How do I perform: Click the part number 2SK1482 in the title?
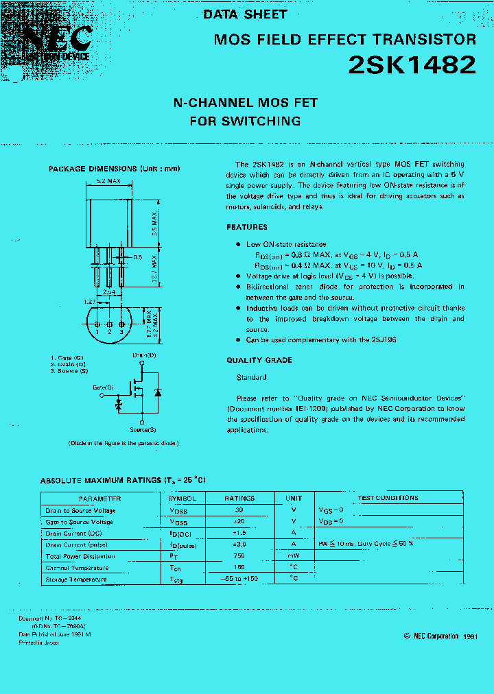(x=412, y=65)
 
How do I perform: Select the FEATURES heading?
(x=247, y=227)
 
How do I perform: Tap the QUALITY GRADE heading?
(x=259, y=360)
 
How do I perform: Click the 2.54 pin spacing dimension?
(x=109, y=292)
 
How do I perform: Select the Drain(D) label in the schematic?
(x=143, y=356)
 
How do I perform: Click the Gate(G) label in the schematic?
(x=103, y=387)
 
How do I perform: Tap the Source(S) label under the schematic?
(x=143, y=430)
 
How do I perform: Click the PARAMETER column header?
(x=99, y=499)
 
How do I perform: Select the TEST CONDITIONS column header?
(x=388, y=498)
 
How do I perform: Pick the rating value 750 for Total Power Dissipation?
(x=239, y=556)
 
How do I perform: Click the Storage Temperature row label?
(x=75, y=579)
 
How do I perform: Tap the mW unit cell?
(x=293, y=556)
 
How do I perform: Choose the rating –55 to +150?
(x=239, y=579)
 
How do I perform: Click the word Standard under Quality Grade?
(x=251, y=377)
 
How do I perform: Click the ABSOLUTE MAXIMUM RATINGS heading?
(x=123, y=480)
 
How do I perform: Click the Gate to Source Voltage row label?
(x=79, y=522)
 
